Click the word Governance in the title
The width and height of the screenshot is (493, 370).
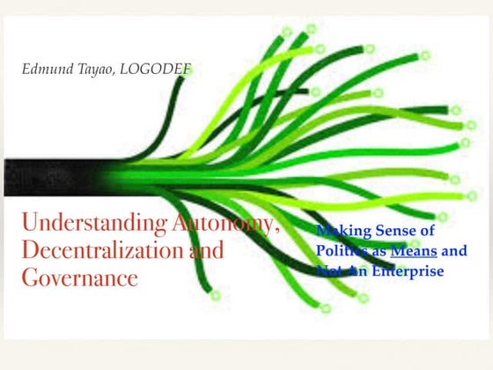[80, 278]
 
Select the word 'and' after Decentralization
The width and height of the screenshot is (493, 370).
[209, 251]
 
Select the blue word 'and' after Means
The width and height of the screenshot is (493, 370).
[454, 251]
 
